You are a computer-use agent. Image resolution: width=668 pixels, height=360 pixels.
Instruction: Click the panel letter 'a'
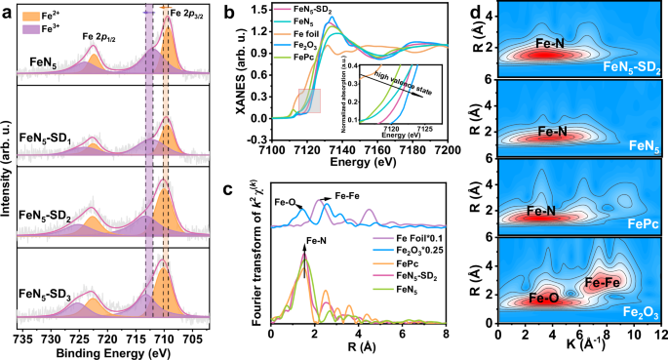tap(9, 13)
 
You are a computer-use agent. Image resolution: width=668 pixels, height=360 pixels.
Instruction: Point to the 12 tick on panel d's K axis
tap(660, 335)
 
